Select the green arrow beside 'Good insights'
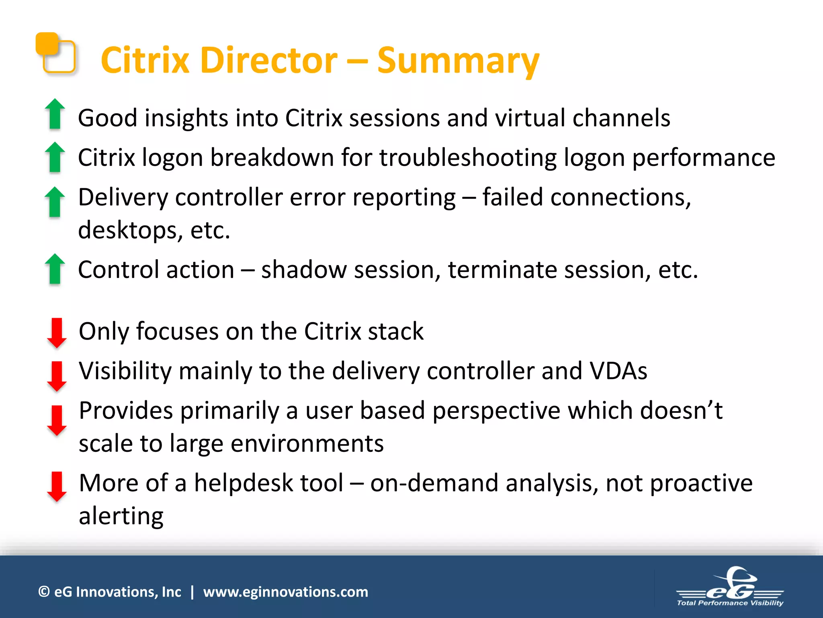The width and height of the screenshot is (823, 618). (x=55, y=114)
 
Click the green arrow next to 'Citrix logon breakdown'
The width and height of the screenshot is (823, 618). (x=55, y=157)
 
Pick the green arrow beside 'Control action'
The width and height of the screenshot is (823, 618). (x=55, y=269)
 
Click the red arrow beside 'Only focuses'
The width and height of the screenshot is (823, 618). (x=57, y=333)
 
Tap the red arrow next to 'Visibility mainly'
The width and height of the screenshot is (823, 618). (x=57, y=376)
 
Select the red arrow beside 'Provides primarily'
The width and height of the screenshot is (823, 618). (x=57, y=420)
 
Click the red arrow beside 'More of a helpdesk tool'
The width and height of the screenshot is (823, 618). (x=57, y=486)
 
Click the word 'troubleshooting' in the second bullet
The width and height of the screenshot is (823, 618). (x=468, y=158)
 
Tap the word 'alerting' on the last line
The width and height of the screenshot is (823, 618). (x=121, y=516)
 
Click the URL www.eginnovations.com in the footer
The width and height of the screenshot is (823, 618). (x=285, y=592)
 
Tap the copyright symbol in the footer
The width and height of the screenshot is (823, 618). (x=44, y=592)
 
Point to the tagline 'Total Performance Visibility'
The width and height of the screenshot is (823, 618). (x=730, y=603)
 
